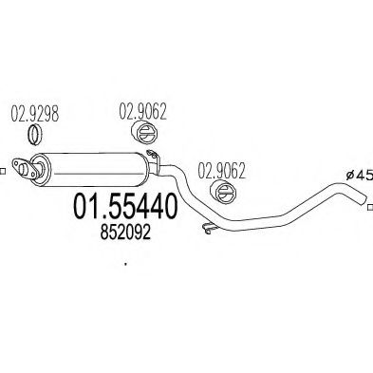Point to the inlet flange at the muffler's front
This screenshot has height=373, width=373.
pyautogui.click(x=30, y=168)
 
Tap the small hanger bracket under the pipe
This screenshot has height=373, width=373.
pyautogui.click(x=205, y=227)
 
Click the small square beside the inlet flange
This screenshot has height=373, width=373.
pyautogui.click(x=4, y=172)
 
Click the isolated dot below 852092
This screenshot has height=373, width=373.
pyautogui.click(x=126, y=265)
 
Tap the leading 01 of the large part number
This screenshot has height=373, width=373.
pyautogui.click(x=88, y=206)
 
